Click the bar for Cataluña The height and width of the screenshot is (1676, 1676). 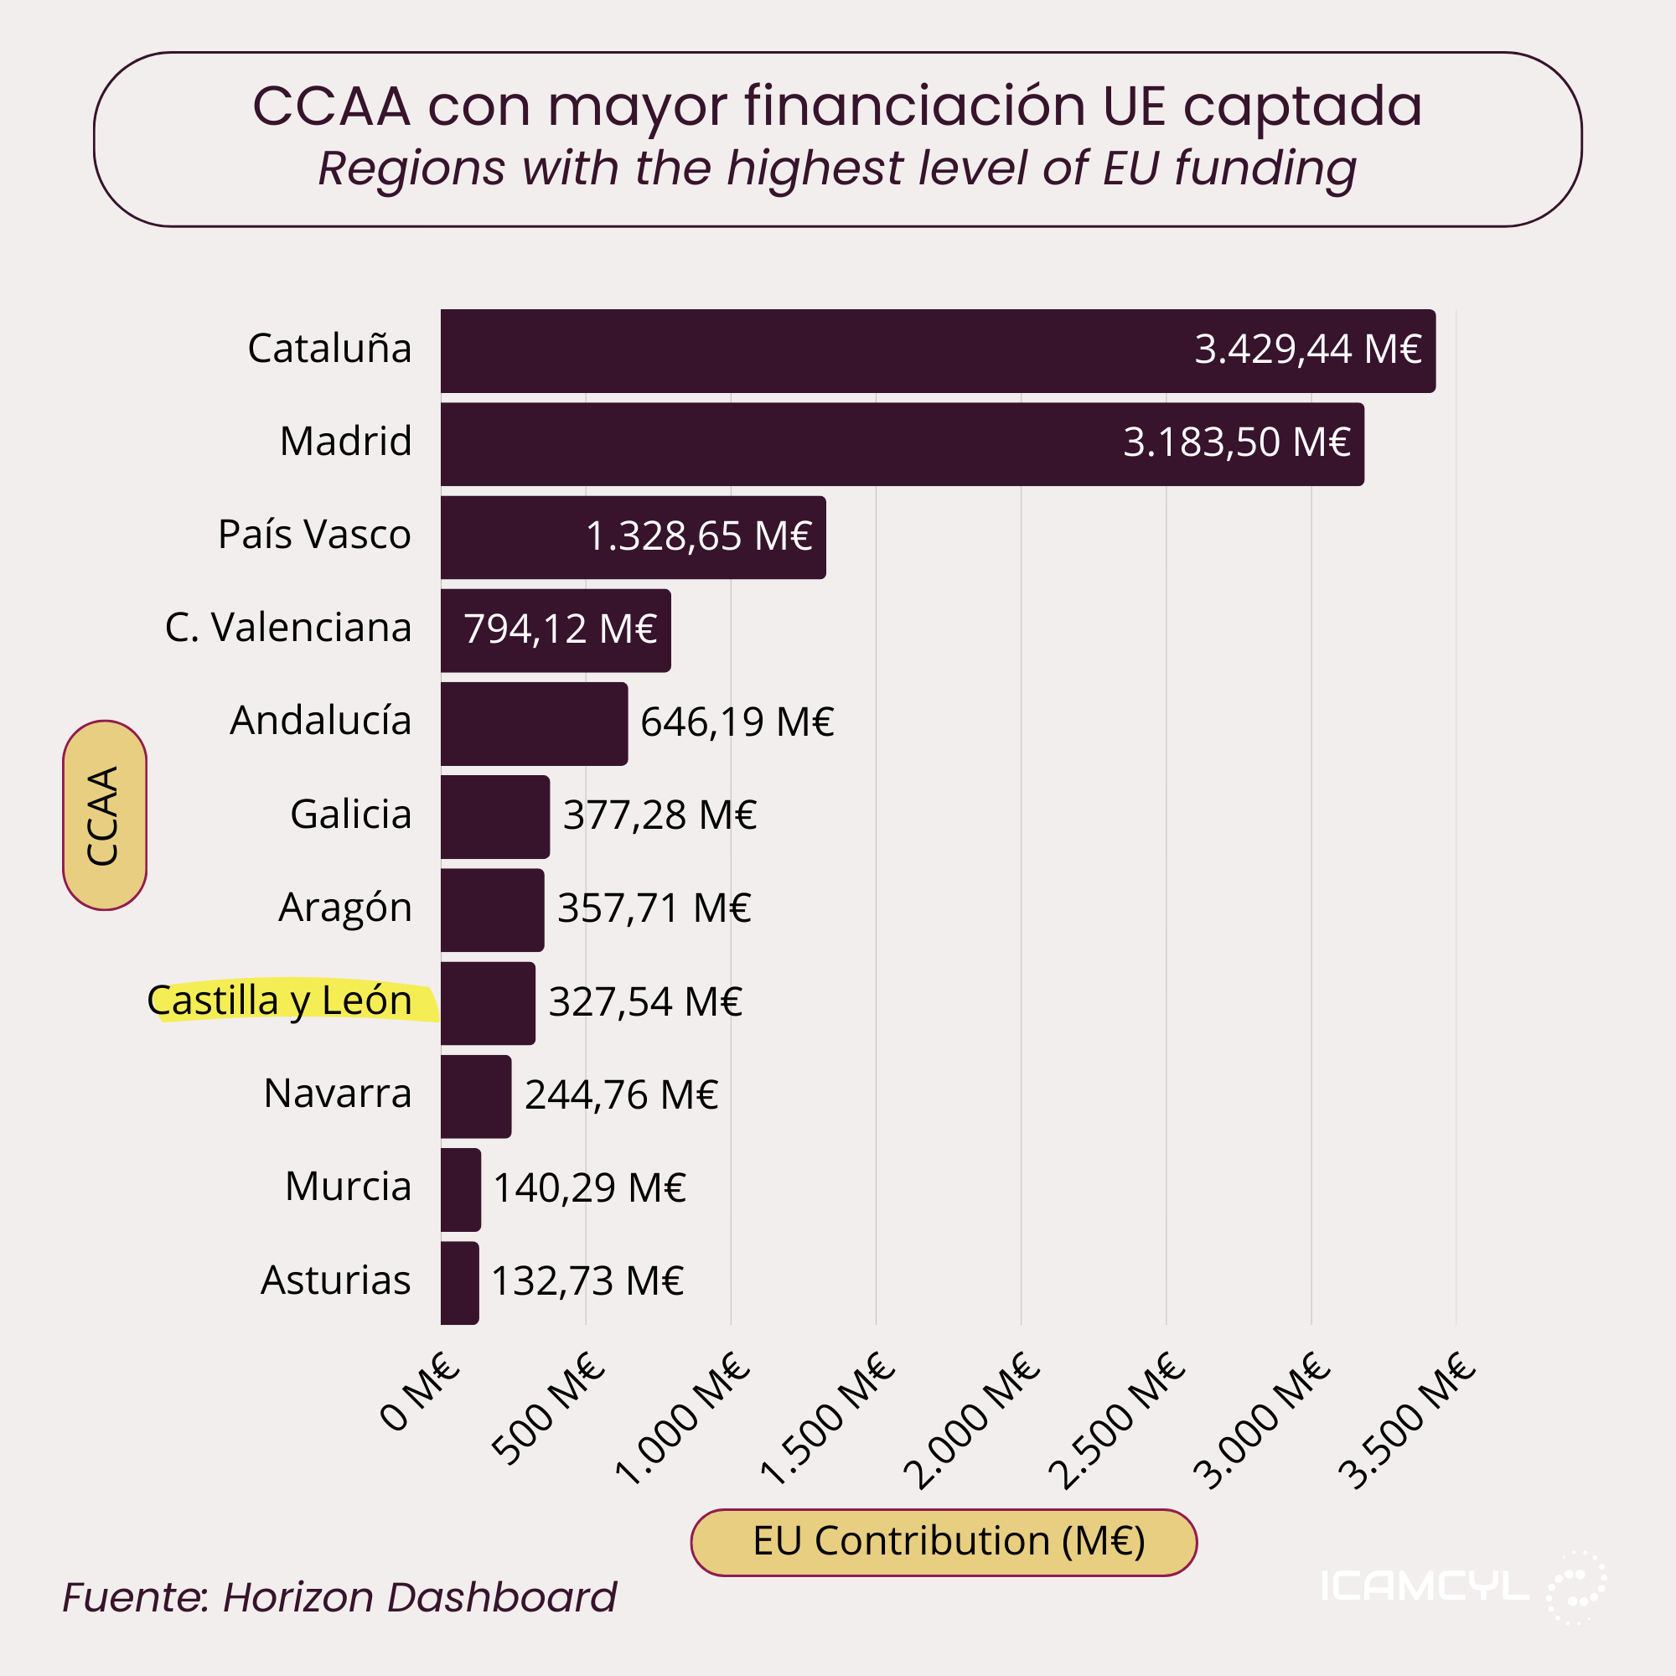click(x=937, y=350)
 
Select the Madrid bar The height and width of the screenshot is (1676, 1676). click(x=903, y=443)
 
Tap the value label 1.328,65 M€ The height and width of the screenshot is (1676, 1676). click(x=698, y=536)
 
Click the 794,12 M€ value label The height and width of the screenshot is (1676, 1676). click(x=560, y=629)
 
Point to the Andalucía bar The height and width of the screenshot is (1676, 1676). click(x=534, y=722)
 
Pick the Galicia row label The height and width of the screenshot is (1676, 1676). click(x=350, y=815)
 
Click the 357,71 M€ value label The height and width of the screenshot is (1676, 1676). click(x=654, y=908)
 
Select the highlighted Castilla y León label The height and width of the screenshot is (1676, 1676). click(x=279, y=1001)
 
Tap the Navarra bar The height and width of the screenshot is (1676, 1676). click(x=475, y=1095)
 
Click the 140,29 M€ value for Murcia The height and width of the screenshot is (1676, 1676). click(x=589, y=1187)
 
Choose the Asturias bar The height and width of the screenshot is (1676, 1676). click(x=459, y=1282)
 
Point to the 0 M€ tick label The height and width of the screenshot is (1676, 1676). click(x=419, y=1392)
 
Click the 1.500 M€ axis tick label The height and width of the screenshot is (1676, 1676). click(x=827, y=1419)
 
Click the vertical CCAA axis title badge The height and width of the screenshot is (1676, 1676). click(x=104, y=815)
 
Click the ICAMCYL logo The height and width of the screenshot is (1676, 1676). click(x=1462, y=1586)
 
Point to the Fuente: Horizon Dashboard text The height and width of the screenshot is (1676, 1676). click(x=339, y=1597)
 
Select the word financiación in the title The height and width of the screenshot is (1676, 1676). click(x=914, y=106)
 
